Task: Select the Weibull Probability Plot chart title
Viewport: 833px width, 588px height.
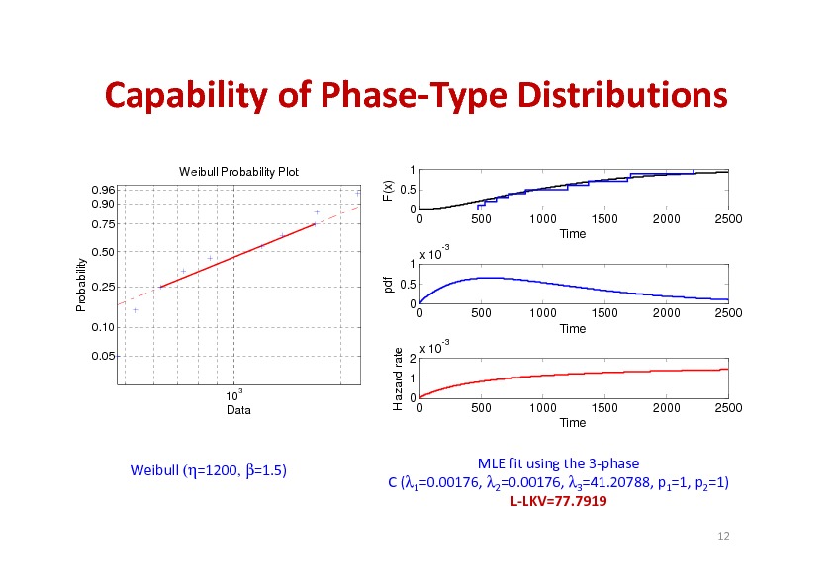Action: pyautogui.click(x=238, y=172)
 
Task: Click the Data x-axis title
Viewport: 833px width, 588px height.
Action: pyautogui.click(x=238, y=409)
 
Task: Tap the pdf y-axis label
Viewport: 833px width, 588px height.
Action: pyautogui.click(x=390, y=285)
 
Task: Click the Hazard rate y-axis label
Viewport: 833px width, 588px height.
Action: pyautogui.click(x=397, y=379)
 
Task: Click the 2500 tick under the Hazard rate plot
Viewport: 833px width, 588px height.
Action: pyautogui.click(x=728, y=407)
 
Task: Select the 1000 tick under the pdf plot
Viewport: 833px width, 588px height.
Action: pyautogui.click(x=542, y=313)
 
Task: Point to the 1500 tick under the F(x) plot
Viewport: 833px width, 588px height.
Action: pyautogui.click(x=603, y=219)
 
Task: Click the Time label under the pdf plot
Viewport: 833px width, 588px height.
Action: pyautogui.click(x=573, y=328)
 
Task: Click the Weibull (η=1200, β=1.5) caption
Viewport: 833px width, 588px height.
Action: pyautogui.click(x=209, y=470)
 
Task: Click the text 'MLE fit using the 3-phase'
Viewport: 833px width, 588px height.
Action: pyautogui.click(x=558, y=462)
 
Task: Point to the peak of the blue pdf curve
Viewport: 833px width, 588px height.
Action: pyautogui.click(x=485, y=278)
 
